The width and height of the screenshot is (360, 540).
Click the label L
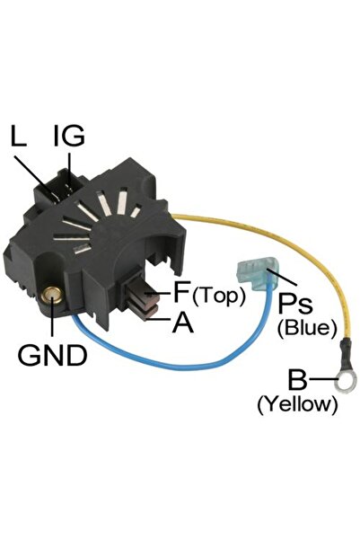pyautogui.click(x=18, y=136)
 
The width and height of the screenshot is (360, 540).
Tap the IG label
pyautogui.click(x=69, y=136)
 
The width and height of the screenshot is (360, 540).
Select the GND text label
pyautogui.click(x=52, y=355)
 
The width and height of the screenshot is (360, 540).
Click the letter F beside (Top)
pyautogui.click(x=181, y=291)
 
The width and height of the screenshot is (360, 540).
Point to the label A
pyautogui.click(x=183, y=323)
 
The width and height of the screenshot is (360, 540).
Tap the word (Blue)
pyautogui.click(x=307, y=328)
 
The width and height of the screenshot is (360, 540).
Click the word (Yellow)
pyautogui.click(x=297, y=404)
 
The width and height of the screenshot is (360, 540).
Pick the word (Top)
pyautogui.click(x=219, y=296)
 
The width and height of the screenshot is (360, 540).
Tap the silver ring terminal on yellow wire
pyautogui.click(x=346, y=381)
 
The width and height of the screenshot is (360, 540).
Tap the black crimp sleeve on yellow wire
pyautogui.click(x=346, y=352)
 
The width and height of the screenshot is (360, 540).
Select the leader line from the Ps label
pyautogui.click(x=282, y=278)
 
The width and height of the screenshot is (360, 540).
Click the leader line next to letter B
pyautogui.click(x=324, y=379)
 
